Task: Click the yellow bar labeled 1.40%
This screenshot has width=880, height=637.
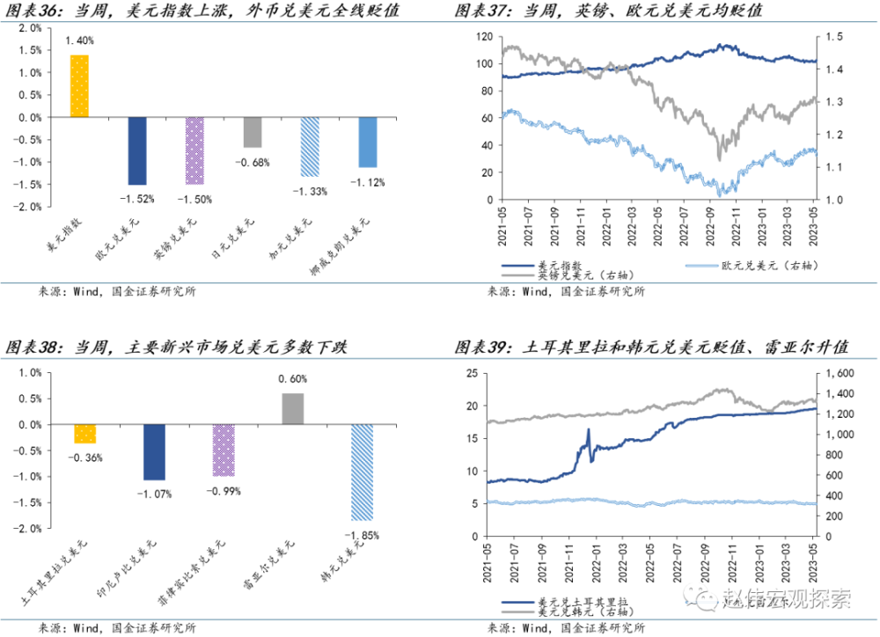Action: click(x=80, y=85)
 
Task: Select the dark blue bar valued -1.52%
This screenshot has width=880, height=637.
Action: click(x=137, y=150)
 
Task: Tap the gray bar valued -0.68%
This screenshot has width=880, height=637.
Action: click(x=253, y=132)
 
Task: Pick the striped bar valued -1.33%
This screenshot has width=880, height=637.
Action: click(x=310, y=147)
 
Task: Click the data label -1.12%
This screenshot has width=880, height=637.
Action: click(x=367, y=181)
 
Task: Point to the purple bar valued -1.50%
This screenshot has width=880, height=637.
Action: click(x=194, y=150)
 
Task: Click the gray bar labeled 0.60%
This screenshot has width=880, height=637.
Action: click(x=293, y=408)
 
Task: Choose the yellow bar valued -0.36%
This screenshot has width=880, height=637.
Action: click(x=85, y=433)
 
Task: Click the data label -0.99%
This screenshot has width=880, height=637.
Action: click(x=224, y=490)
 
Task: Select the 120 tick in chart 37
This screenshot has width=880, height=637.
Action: click(x=480, y=37)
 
